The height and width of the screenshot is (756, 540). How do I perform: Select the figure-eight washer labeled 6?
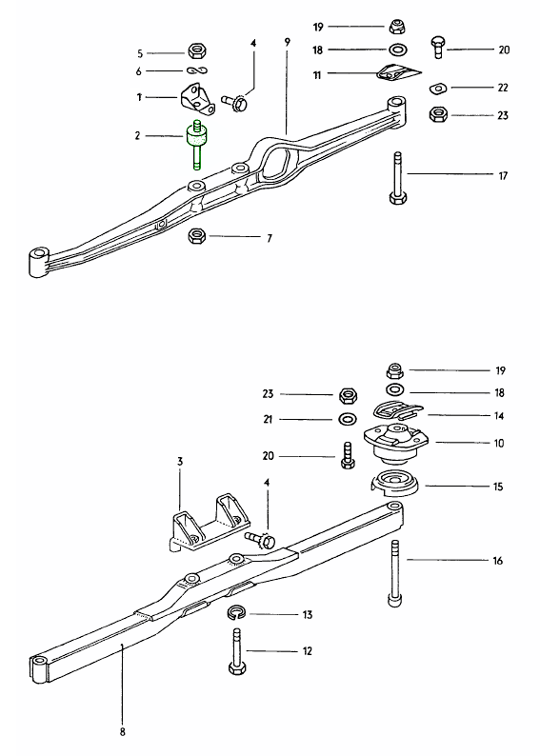(198, 71)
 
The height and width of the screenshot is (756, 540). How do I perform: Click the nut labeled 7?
(197, 235)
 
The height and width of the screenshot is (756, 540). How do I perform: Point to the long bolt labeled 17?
(394, 177)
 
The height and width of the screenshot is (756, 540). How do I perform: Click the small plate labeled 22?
(439, 88)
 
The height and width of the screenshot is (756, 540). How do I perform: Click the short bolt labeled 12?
(236, 654)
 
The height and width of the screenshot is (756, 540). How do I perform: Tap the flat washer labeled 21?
(349, 419)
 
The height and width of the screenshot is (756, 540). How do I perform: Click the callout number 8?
(122, 731)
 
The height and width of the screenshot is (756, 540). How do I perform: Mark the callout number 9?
(286, 42)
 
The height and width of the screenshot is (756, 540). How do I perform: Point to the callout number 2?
(137, 136)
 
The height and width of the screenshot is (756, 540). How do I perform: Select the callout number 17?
(502, 176)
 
